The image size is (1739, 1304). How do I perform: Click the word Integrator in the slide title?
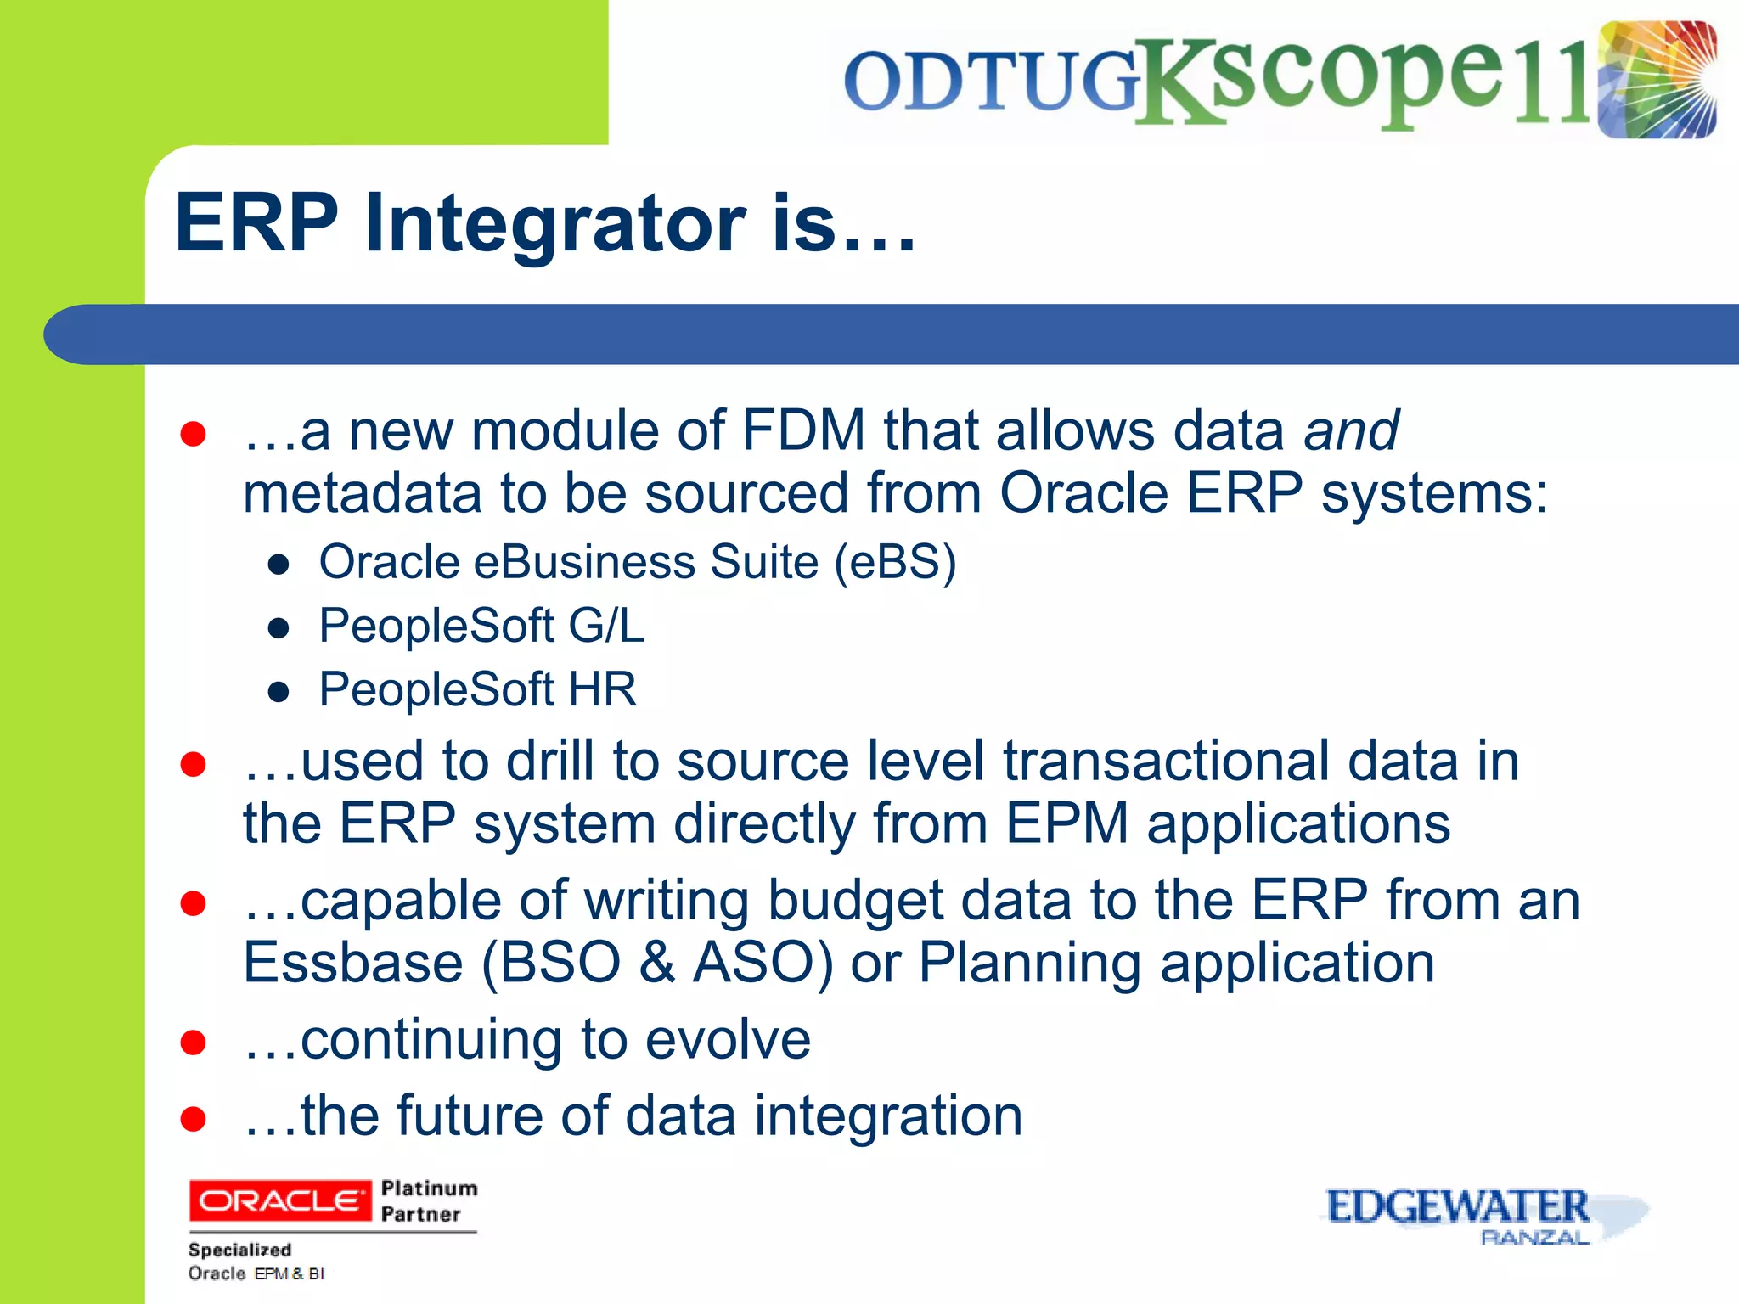(x=556, y=222)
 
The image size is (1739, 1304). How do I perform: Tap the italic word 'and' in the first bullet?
(x=1351, y=430)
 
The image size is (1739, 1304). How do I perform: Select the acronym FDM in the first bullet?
(x=803, y=430)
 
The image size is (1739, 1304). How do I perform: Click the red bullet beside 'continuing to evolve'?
(x=194, y=1042)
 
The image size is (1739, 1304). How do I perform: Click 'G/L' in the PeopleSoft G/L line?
(x=606, y=627)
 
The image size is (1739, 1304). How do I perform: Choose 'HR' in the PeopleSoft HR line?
(x=602, y=689)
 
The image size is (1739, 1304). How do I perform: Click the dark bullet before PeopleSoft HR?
(x=279, y=692)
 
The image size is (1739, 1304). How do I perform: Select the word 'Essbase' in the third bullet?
(x=353, y=964)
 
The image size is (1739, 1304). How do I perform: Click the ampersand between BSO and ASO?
(x=657, y=964)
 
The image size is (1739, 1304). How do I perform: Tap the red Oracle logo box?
(x=279, y=1200)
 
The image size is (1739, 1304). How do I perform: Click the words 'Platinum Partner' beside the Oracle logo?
(x=428, y=1200)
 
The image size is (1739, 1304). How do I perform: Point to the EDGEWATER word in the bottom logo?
(x=1457, y=1206)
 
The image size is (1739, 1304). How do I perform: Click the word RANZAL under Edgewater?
(x=1534, y=1238)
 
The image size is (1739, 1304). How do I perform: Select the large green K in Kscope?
(x=1176, y=81)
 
